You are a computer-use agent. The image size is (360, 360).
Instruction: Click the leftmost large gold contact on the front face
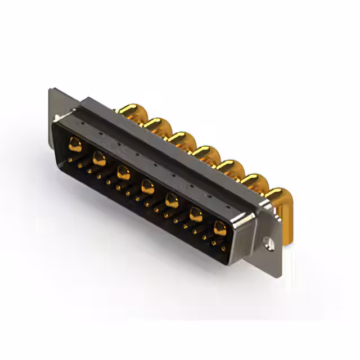(75, 145)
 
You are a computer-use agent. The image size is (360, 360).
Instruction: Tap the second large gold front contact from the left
(99, 159)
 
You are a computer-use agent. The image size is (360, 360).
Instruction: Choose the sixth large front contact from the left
(196, 214)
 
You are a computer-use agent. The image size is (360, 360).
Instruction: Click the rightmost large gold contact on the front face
(220, 228)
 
